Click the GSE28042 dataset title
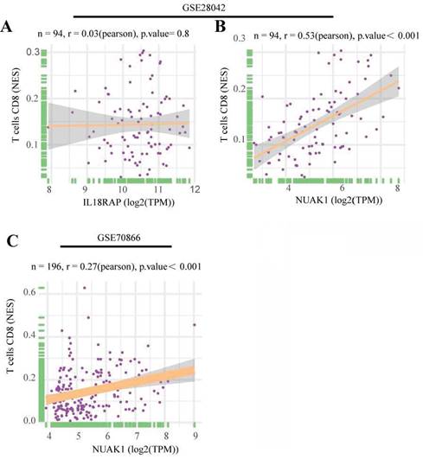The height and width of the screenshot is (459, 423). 203,7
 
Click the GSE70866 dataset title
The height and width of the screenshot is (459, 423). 119,238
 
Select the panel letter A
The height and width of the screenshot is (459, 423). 6,27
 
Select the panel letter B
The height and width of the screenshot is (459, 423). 221,26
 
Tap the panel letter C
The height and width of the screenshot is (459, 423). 13,241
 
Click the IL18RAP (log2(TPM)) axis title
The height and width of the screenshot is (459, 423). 129,202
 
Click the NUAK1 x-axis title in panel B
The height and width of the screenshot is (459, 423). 339,201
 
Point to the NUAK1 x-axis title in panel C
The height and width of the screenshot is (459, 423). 135,449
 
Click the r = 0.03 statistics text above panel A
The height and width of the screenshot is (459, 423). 113,34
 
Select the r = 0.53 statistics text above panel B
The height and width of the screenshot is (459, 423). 336,35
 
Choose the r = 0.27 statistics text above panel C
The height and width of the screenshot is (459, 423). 116,267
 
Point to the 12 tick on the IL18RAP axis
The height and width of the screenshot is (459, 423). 195,189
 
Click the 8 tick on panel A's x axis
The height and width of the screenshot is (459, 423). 48,189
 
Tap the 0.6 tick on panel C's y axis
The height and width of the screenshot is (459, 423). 29,292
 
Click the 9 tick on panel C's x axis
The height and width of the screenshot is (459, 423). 195,436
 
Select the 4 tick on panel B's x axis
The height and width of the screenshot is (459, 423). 289,188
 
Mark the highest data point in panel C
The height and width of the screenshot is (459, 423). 85,288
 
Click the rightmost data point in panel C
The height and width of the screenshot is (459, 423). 195,325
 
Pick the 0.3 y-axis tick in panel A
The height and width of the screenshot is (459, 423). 33,52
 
